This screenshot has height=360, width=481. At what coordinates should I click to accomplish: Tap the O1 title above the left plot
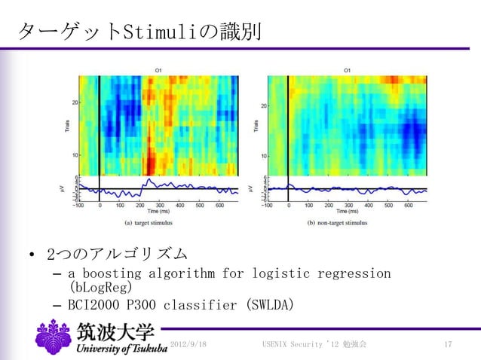[158, 71]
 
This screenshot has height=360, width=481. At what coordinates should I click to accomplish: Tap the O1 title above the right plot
[347, 71]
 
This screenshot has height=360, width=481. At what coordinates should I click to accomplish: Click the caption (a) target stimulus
[158, 223]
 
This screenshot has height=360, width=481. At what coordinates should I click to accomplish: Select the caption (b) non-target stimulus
[348, 223]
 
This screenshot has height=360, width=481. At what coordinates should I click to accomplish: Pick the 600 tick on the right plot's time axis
[408, 204]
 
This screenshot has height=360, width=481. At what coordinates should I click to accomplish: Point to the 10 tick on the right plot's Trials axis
[263, 155]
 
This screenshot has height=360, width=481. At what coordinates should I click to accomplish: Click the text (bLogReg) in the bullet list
[100, 288]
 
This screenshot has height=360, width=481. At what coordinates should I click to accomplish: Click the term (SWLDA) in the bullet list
[265, 305]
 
